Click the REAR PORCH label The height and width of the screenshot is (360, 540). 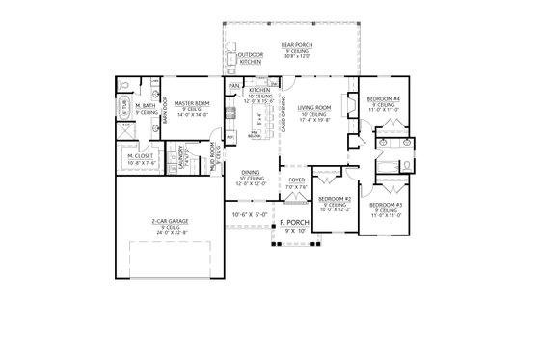coord(294,44)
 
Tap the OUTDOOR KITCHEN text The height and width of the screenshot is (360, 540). coord(251,59)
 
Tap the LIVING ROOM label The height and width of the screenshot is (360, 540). coord(314,108)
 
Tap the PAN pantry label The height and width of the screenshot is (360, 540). coord(234,86)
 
